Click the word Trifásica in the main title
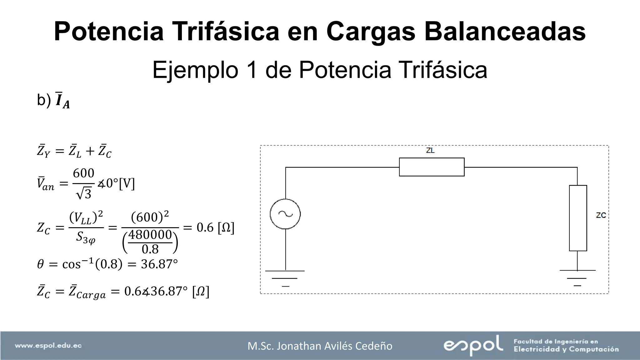[226, 31]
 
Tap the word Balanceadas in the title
[505, 31]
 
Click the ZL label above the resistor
[430, 151]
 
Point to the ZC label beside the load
[601, 215]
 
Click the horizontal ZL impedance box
[432, 167]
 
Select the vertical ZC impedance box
[578, 218]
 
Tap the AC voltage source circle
[285, 214]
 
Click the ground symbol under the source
[285, 278]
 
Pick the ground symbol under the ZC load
[577, 277]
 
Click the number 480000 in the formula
[150, 235]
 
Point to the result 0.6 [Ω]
[215, 227]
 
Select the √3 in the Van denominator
[84, 194]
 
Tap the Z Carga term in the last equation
[87, 292]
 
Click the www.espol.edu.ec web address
[48, 346]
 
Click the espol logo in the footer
[473, 345]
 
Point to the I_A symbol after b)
[62, 101]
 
